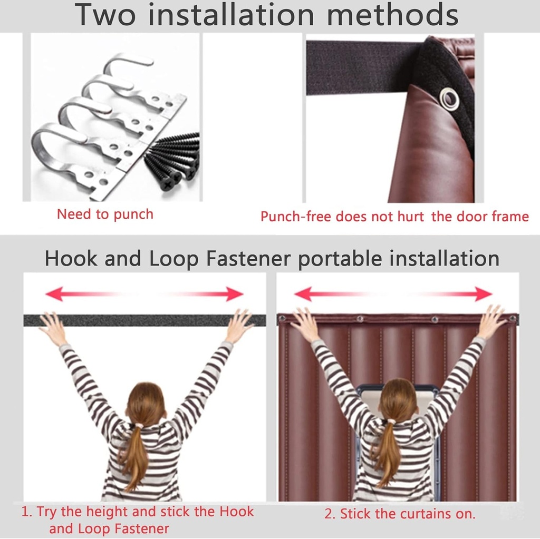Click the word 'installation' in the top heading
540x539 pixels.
231,15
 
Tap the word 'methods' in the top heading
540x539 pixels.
392,15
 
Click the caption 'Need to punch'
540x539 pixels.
105,214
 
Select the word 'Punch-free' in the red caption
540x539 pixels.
296,217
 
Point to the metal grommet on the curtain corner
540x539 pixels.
449,98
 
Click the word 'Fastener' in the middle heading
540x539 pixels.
248,259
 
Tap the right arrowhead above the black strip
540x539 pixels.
235,294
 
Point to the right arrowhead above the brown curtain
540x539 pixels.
483,294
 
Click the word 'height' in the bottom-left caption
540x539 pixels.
107,512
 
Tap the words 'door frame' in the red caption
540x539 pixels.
493,217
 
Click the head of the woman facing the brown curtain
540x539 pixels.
398,399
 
